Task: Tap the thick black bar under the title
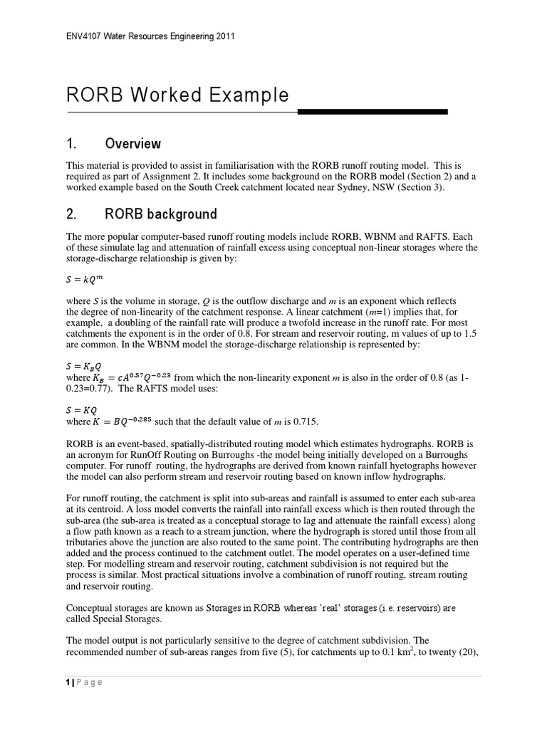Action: coord(372,112)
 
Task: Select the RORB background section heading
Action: coord(160,214)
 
